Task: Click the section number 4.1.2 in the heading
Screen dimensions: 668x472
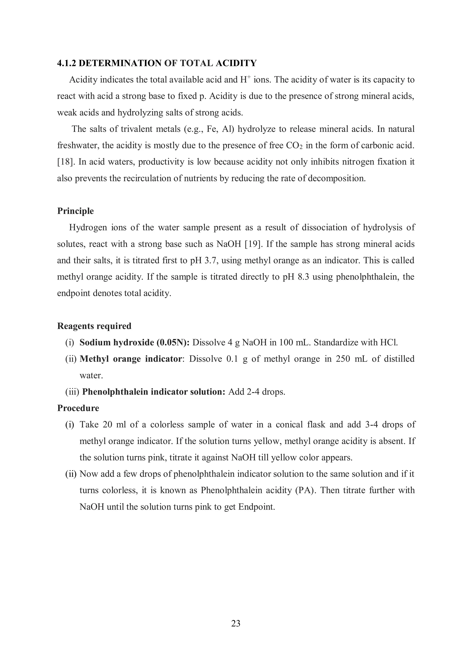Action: (67, 63)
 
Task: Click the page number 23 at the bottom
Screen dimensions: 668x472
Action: (236, 623)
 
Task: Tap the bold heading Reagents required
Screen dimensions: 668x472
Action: (94, 326)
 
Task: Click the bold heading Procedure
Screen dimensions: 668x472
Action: (78, 408)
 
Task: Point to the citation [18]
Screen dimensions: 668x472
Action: (65, 162)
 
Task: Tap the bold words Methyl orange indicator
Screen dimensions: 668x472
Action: (131, 359)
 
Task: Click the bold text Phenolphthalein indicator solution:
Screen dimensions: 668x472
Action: (154, 392)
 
